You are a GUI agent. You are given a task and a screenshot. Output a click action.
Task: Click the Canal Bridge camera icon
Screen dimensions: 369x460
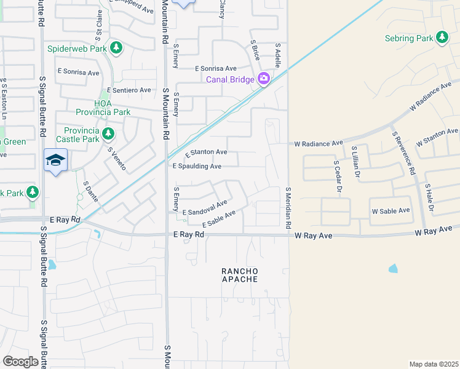tap(264, 78)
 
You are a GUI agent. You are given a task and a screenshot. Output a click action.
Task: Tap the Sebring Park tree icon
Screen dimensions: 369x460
tap(442, 38)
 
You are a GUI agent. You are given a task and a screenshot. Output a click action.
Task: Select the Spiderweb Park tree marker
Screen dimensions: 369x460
tap(116, 47)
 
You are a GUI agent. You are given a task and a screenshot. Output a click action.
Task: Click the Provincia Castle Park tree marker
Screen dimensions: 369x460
tap(108, 133)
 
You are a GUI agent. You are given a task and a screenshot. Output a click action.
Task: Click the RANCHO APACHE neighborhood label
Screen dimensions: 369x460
tap(240, 275)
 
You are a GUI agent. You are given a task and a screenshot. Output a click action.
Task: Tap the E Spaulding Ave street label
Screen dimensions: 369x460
tap(197, 166)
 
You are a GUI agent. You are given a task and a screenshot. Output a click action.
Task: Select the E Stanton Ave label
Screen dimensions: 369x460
tap(206, 152)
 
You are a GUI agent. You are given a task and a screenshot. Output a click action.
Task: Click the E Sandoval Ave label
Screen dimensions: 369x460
tap(205, 207)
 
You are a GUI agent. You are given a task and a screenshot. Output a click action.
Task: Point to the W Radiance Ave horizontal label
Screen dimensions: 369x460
tap(318, 143)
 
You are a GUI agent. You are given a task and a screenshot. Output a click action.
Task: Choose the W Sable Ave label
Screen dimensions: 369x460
tap(391, 211)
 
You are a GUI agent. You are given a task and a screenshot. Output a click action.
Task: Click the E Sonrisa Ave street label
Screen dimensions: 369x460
tap(215, 68)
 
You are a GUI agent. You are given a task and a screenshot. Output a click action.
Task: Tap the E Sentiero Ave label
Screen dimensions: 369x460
tap(129, 90)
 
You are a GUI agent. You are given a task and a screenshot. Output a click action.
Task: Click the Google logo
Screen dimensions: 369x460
tap(20, 361)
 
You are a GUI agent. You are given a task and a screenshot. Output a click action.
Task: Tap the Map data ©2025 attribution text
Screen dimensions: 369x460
tap(434, 364)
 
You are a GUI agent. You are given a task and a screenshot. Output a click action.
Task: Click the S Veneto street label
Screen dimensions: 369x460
tap(117, 159)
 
